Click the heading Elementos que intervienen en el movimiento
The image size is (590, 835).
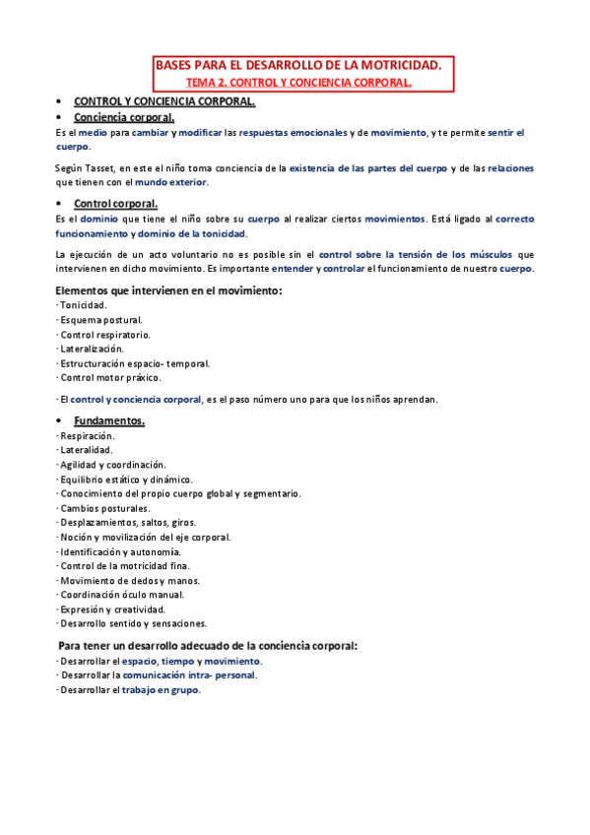(168, 290)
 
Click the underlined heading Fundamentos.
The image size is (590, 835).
(109, 421)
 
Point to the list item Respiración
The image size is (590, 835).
(88, 435)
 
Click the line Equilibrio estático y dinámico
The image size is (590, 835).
(126, 479)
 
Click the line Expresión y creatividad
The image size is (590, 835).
(112, 609)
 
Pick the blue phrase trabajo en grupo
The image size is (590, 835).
(161, 690)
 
